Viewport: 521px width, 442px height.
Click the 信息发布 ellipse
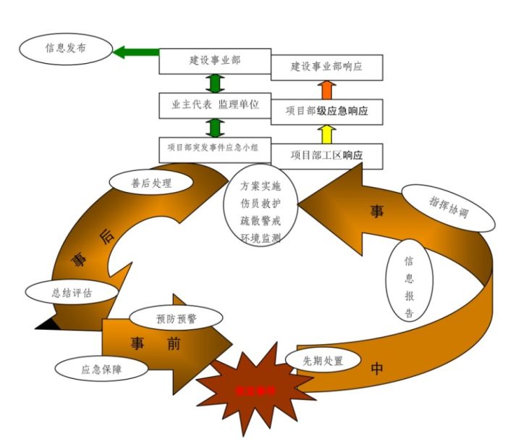[66, 50]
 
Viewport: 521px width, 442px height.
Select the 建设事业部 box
[215, 61]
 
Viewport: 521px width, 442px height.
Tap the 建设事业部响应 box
[326, 67]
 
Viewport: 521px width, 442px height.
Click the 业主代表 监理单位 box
[215, 105]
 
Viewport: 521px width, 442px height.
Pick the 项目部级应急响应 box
[326, 112]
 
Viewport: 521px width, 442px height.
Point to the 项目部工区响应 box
[326, 155]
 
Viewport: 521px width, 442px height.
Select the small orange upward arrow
[326, 89]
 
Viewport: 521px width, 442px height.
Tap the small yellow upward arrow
[326, 133]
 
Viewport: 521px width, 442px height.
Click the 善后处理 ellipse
[151, 183]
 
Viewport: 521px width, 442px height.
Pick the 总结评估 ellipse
[72, 292]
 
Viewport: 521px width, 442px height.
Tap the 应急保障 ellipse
[101, 367]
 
